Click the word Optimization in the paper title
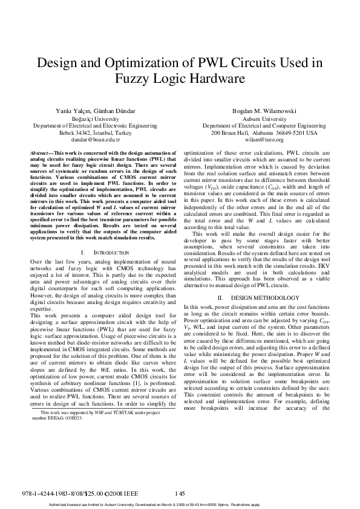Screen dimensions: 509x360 pyautogui.click(x=155, y=62)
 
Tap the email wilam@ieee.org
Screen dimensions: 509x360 pyautogui.click(x=264, y=139)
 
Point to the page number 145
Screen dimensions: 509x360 pyautogui.click(x=179, y=494)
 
